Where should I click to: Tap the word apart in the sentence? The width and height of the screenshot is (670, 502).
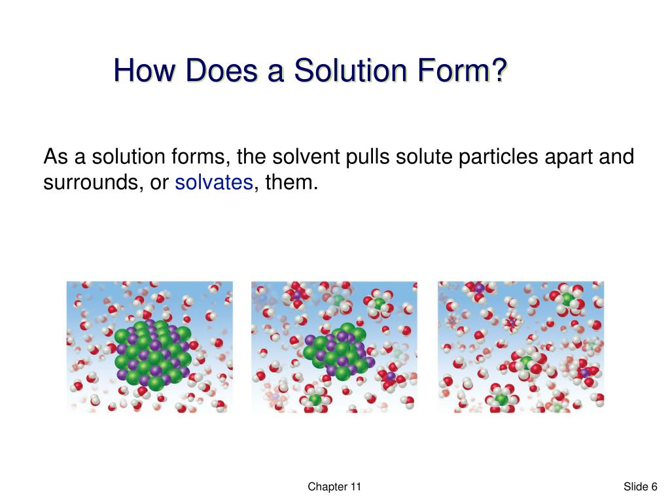(x=571, y=158)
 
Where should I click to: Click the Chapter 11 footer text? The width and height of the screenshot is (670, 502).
(x=334, y=486)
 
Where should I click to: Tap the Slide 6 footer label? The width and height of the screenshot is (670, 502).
(x=640, y=486)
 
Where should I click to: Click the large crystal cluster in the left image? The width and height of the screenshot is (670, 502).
(x=153, y=353)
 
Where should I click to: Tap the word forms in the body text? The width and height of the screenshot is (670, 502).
(x=199, y=158)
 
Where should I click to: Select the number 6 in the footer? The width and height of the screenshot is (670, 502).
(x=654, y=486)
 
